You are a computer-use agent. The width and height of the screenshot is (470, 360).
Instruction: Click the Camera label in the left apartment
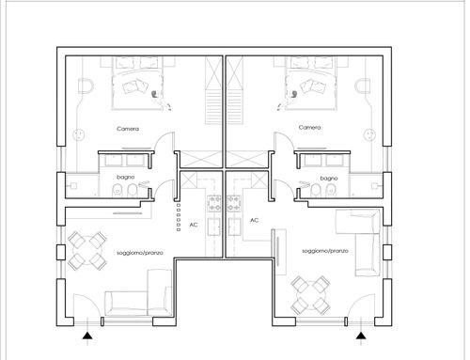point(128,129)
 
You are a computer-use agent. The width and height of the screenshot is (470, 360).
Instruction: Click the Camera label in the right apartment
point(309,128)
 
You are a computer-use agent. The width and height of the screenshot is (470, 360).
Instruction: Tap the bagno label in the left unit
point(126,178)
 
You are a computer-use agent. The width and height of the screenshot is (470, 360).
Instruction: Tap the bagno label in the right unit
point(329,179)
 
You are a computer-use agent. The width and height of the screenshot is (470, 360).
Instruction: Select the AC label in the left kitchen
point(194,225)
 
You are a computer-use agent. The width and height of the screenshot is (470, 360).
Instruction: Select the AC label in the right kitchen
point(254,220)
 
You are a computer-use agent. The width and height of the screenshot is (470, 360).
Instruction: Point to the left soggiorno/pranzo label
point(140,253)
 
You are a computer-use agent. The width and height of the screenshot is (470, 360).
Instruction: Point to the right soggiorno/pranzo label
point(325,251)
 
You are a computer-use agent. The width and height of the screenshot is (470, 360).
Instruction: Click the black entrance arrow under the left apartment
point(87,336)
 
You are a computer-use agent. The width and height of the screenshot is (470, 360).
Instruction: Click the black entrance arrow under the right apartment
point(361,336)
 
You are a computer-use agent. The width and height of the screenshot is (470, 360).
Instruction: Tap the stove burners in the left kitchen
point(214,203)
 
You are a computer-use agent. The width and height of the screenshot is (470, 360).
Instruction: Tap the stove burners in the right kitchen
point(233,203)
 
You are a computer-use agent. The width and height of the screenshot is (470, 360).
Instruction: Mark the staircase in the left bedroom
point(213,91)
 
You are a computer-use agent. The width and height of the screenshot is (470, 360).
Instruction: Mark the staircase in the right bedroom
point(235,91)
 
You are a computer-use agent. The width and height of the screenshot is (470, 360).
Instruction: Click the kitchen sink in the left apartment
point(214,227)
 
